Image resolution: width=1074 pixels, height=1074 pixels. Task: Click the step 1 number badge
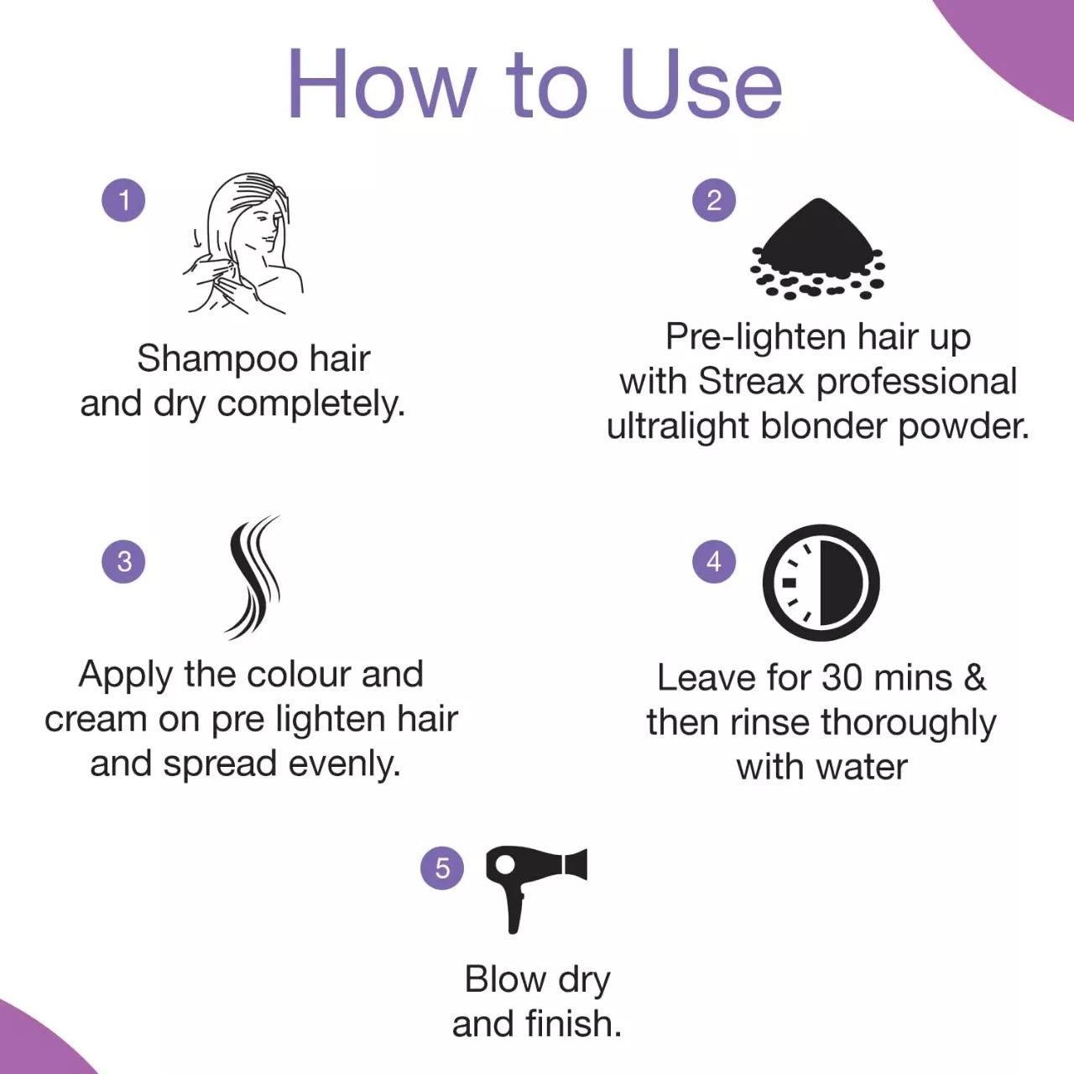coord(123,200)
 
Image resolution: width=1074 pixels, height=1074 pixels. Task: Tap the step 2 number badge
coord(714,200)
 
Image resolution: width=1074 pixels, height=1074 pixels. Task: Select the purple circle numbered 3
coord(123,561)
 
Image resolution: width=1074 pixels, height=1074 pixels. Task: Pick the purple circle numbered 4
coord(714,561)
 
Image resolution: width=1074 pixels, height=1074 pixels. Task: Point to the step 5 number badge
coord(442,868)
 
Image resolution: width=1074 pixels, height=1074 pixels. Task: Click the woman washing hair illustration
coord(243,243)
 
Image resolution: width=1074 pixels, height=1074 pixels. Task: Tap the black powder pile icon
coord(817,249)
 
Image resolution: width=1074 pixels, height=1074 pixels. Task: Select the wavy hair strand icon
coord(253,576)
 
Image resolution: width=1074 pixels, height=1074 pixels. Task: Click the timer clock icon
coord(821,582)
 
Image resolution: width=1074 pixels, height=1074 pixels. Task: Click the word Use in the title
coord(701,84)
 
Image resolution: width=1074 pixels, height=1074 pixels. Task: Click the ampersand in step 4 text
coord(975,678)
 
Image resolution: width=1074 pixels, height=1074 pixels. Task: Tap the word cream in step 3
coord(96,720)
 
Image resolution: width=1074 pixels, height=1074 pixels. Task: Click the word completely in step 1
coord(311,404)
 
